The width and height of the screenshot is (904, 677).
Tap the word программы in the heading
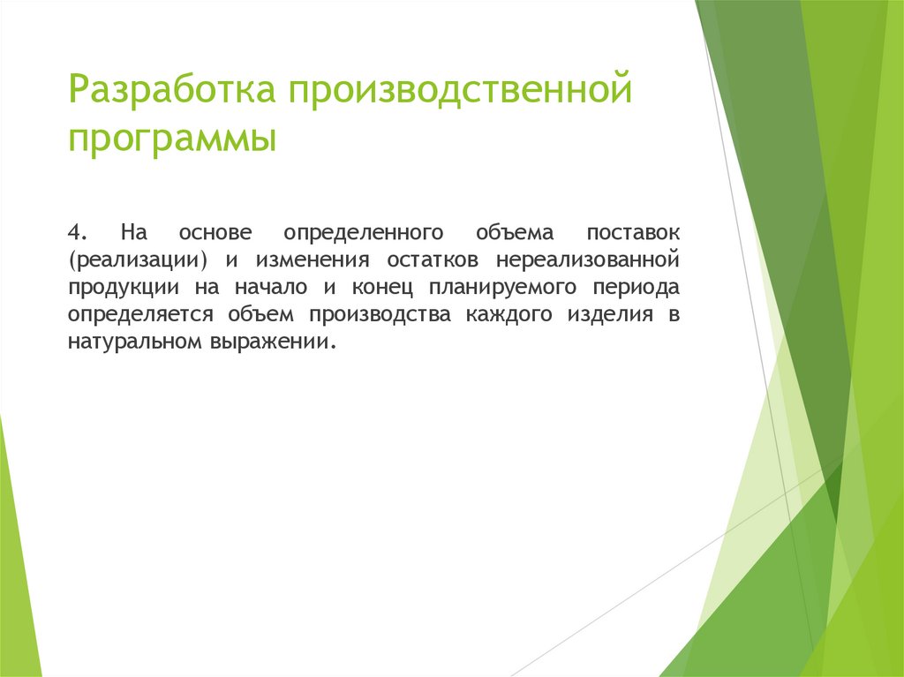pyautogui.click(x=171, y=139)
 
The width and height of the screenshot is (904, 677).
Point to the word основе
pyautogui.click(x=216, y=233)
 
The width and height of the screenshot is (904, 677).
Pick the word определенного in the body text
pyautogui.click(x=363, y=233)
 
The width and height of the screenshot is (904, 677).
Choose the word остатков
pyautogui.click(x=433, y=260)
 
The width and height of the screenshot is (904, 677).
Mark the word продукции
pyautogui.click(x=122, y=288)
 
